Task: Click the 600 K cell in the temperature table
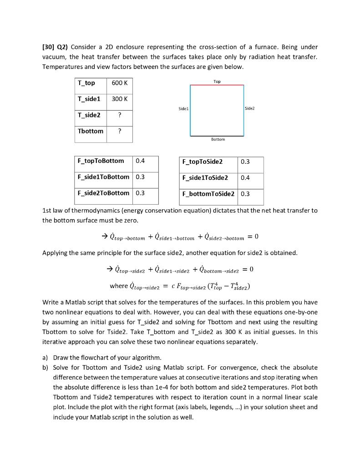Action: [x=119, y=83]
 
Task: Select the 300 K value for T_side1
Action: [x=119, y=99]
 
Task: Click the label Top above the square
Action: [x=217, y=81]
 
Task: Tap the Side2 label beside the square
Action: [x=250, y=109]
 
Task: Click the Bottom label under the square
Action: [x=218, y=139]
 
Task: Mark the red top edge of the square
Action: [x=217, y=85]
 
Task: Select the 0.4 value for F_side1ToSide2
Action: [x=245, y=177]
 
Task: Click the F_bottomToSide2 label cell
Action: [x=208, y=193]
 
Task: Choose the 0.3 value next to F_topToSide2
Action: [x=245, y=161]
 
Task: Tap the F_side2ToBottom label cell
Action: [x=103, y=193]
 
